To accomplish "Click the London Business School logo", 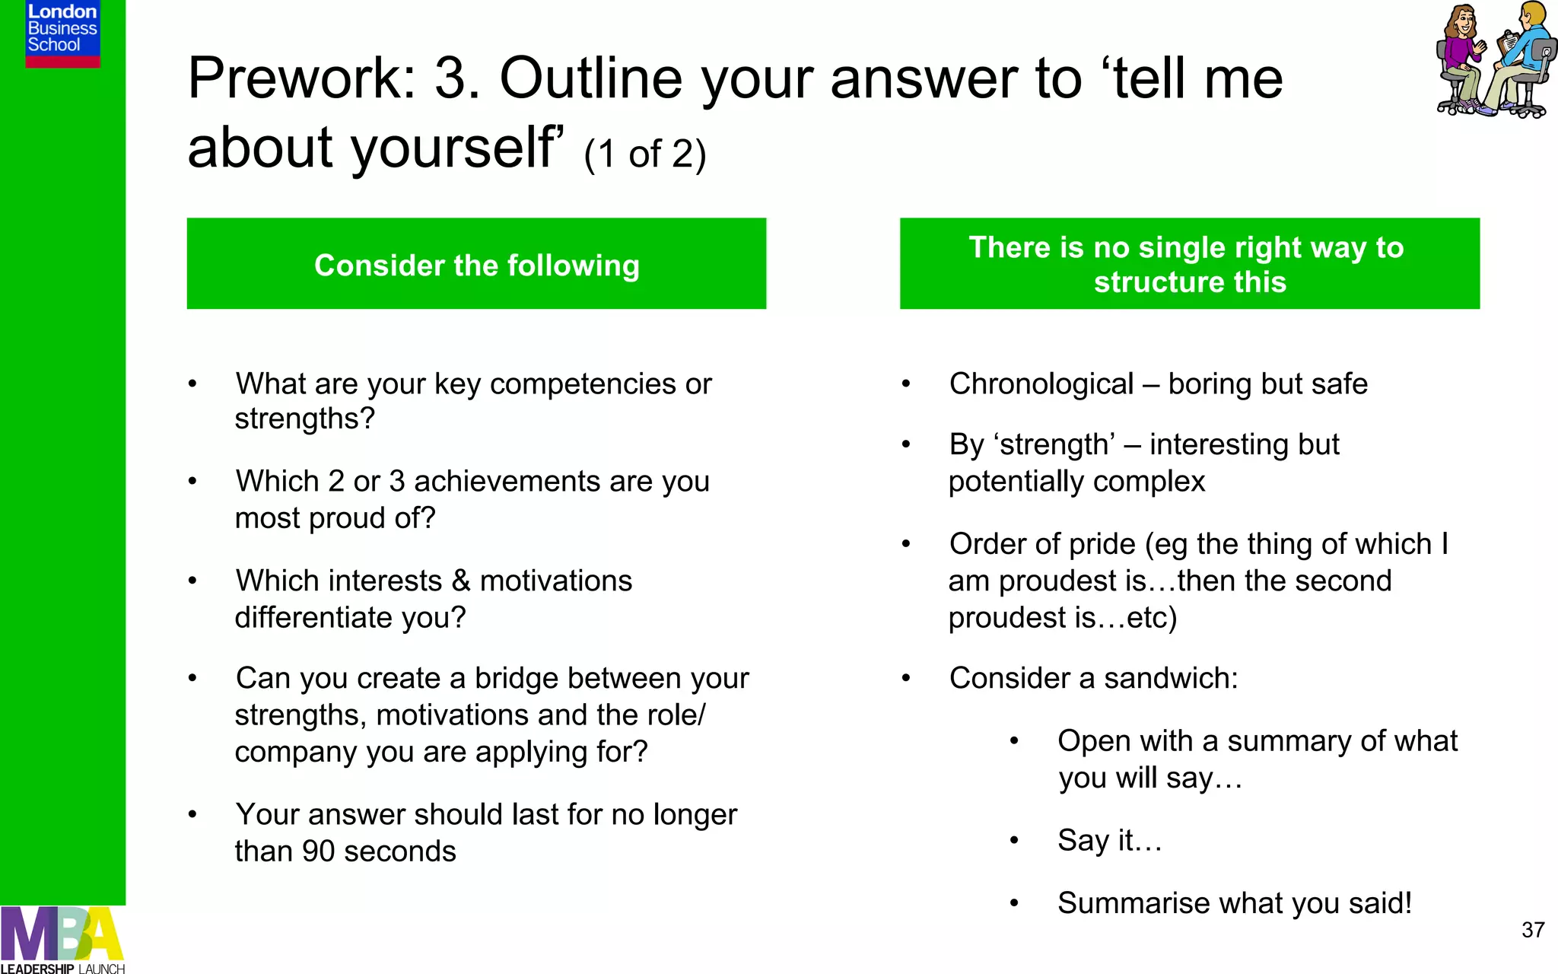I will [62, 33].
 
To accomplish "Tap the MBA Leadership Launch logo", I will [62, 940].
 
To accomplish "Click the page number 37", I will [1533, 930].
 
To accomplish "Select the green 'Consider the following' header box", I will [476, 264].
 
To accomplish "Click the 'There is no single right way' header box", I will [1190, 264].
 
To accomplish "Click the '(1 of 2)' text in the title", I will [645, 154].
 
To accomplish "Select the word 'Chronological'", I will [1041, 384].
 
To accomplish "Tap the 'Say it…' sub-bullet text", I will [1109, 841].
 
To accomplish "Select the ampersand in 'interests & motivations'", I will [460, 581].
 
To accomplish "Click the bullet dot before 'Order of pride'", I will [906, 544].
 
